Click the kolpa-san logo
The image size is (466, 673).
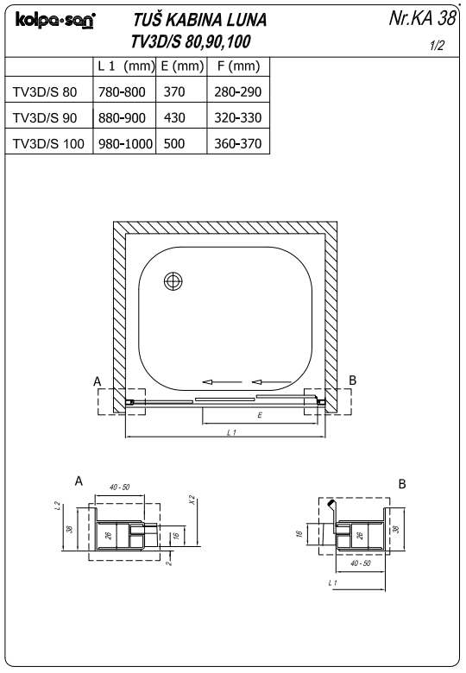point(55,20)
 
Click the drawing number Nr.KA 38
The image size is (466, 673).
point(422,18)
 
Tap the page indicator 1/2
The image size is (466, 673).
point(438,46)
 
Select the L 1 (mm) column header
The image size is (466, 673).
point(126,66)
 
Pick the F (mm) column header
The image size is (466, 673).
point(238,66)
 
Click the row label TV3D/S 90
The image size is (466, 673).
point(45,117)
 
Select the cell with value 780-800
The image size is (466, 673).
point(122,91)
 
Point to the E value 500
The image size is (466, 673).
point(174,143)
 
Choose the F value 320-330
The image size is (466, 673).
point(238,117)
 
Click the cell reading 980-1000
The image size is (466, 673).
point(125,143)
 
